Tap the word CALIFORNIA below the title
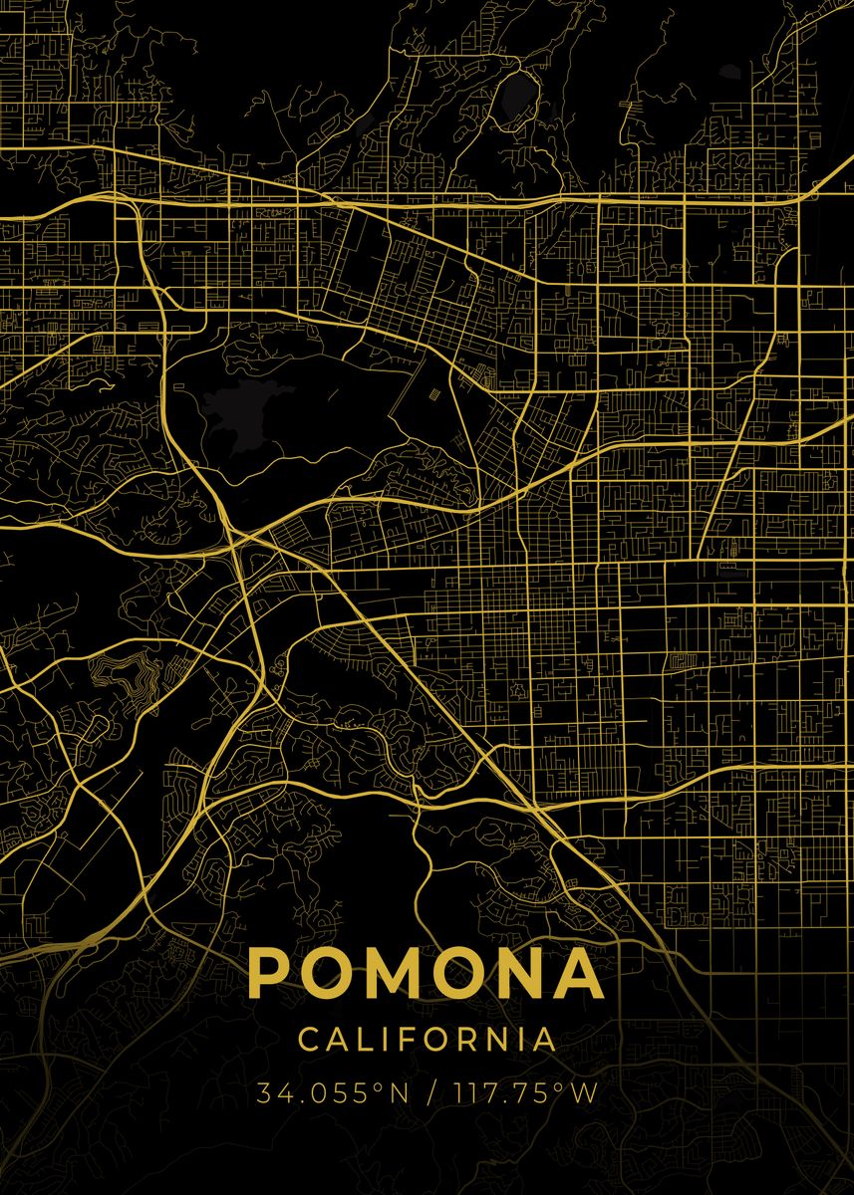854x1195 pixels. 427,1039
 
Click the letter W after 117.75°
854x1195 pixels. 584,1093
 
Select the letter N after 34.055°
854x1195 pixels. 398,1093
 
